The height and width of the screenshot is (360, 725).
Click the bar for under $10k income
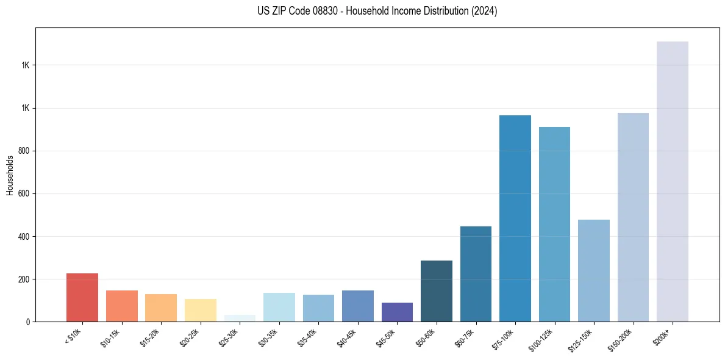[82, 297]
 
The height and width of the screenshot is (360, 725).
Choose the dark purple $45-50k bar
[397, 312]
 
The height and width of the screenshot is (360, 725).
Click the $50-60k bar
[437, 291]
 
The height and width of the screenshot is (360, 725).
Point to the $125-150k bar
[594, 270]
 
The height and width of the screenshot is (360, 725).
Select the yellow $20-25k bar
[201, 310]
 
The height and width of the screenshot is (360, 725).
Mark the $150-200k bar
[633, 217]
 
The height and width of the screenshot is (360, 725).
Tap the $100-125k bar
[554, 224]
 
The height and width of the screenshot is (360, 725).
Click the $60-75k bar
[476, 274]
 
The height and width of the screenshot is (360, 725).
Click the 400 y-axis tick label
[24, 236]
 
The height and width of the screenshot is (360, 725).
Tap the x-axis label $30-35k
[268, 337]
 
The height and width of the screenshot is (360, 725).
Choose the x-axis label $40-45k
[347, 337]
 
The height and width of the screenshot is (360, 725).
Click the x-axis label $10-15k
[111, 337]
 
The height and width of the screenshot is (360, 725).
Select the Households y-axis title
[10, 175]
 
